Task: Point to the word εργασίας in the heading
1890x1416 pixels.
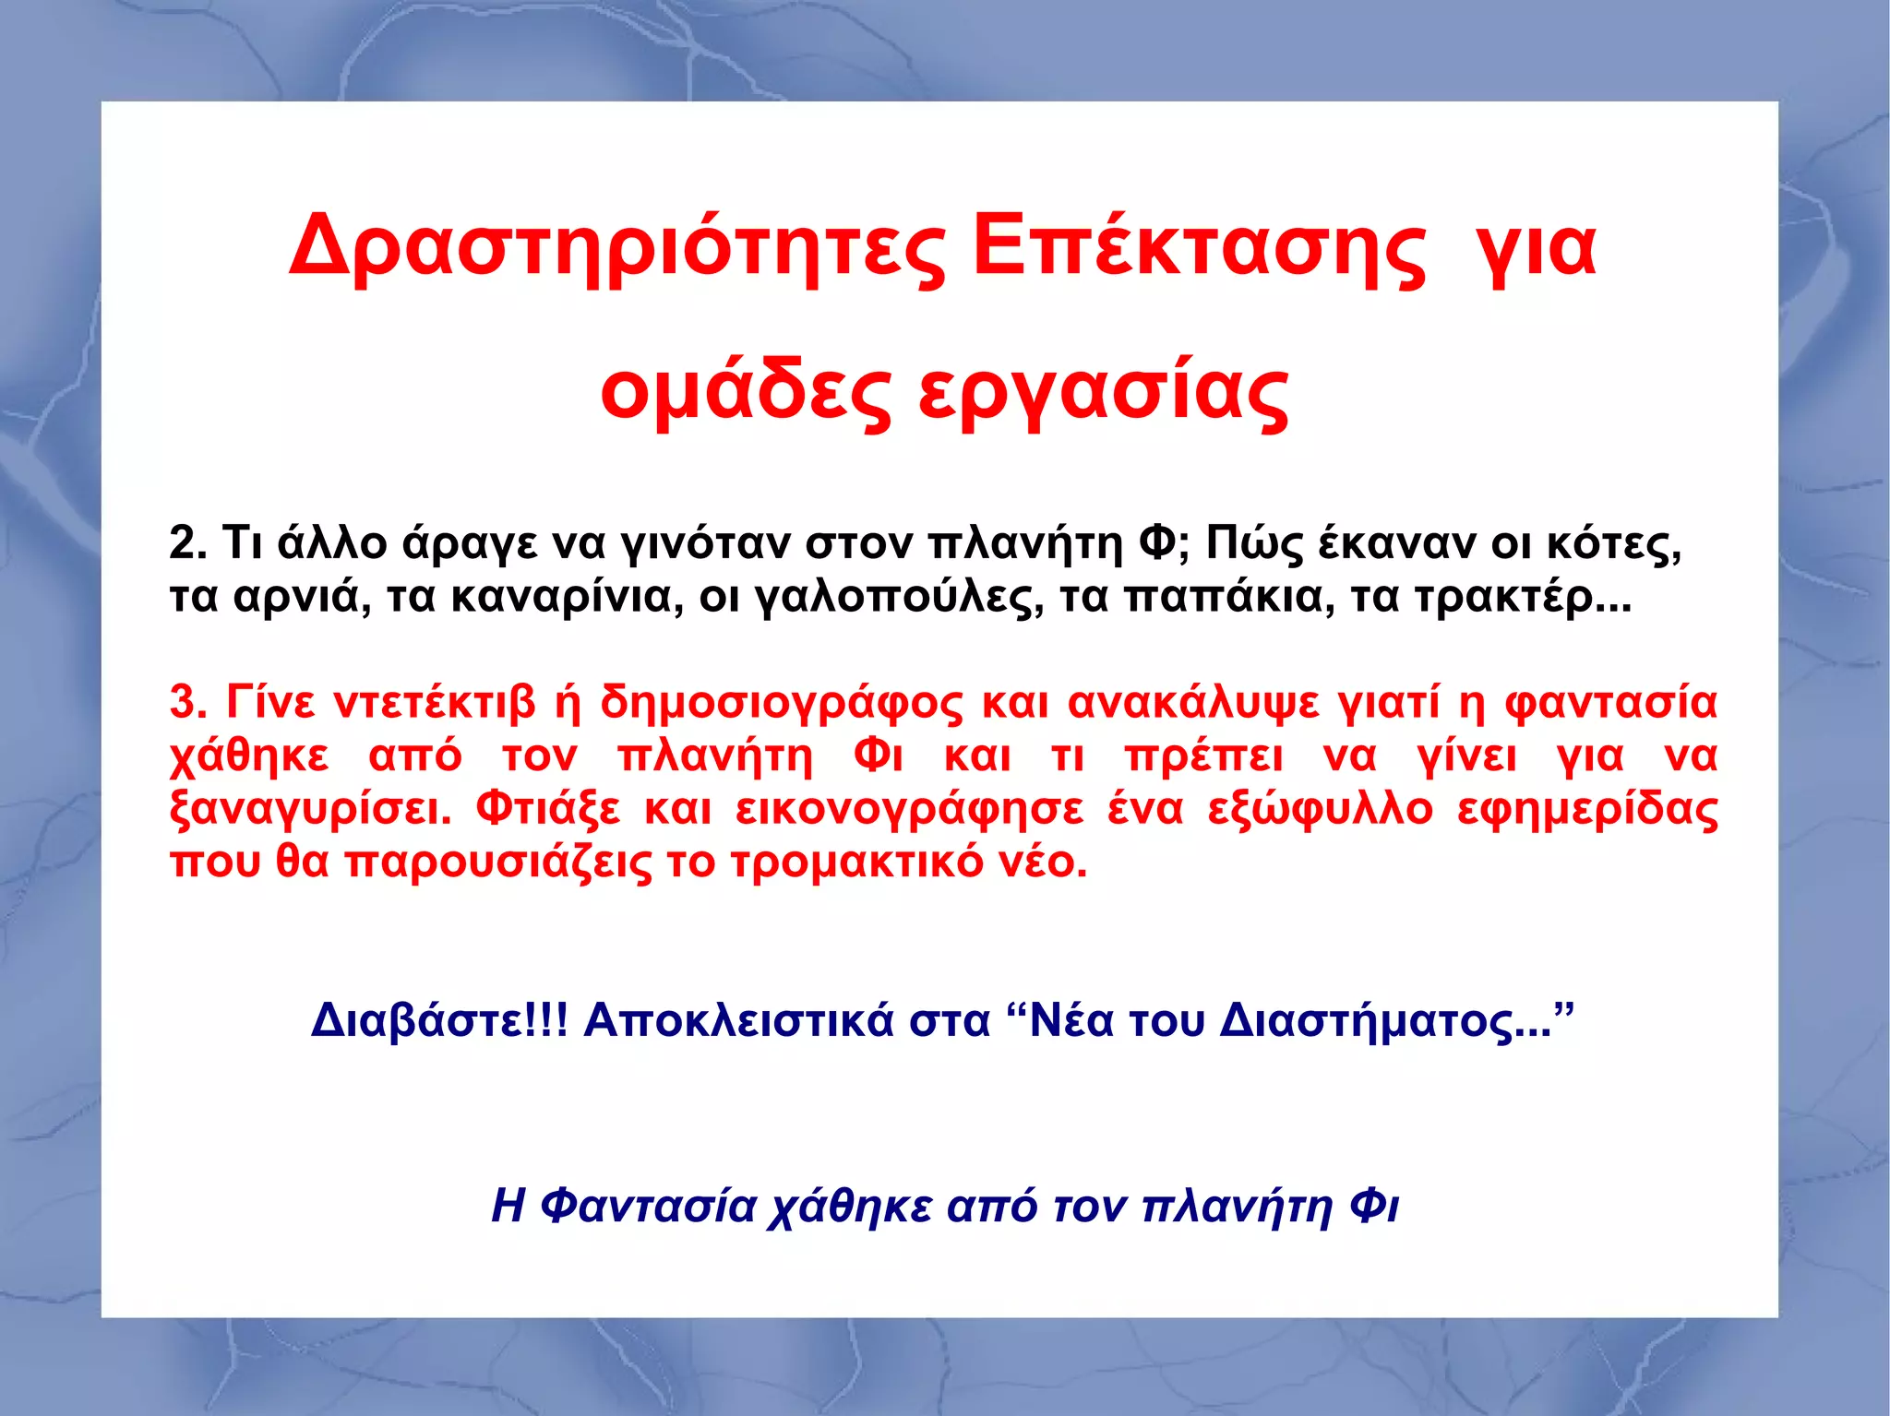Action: pos(1103,392)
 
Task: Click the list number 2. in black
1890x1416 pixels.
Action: pos(187,543)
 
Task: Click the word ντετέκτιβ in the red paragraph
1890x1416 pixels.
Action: pos(434,703)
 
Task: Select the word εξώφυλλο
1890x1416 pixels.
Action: pos(1320,810)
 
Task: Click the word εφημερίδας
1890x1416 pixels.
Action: pos(1587,810)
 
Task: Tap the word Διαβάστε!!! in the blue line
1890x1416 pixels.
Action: pos(439,1020)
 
